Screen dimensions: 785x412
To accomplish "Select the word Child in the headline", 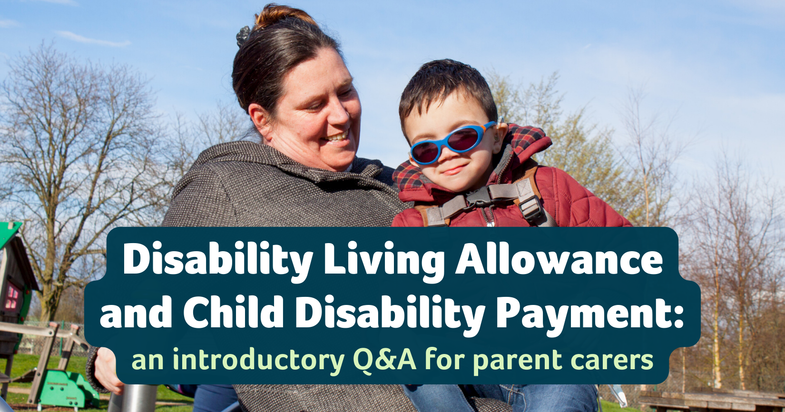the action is click(x=234, y=311).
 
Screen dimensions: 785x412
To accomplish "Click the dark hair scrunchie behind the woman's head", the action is click(x=243, y=36).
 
